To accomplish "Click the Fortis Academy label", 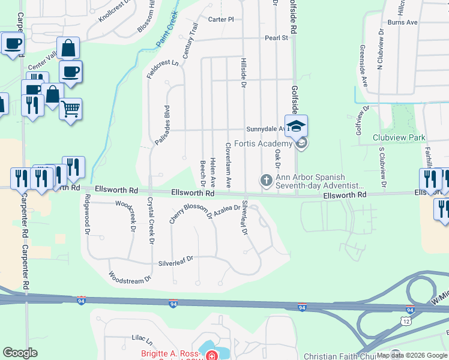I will click(263, 143).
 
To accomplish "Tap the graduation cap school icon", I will click(296, 127).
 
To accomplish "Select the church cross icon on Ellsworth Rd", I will click(266, 180).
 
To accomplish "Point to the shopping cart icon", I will click(71, 109).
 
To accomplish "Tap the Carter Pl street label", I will click(221, 19).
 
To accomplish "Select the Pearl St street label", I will click(277, 38).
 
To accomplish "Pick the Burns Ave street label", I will click(402, 22).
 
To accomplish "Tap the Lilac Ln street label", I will click(142, 339).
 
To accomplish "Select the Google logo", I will click(20, 353).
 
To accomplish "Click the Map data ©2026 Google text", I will click(411, 355).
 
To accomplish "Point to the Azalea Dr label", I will click(227, 211).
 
